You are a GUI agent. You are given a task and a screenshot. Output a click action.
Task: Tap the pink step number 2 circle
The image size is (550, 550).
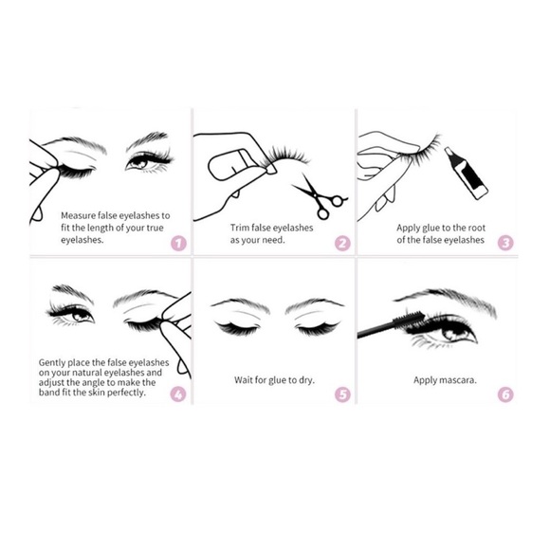343,243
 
